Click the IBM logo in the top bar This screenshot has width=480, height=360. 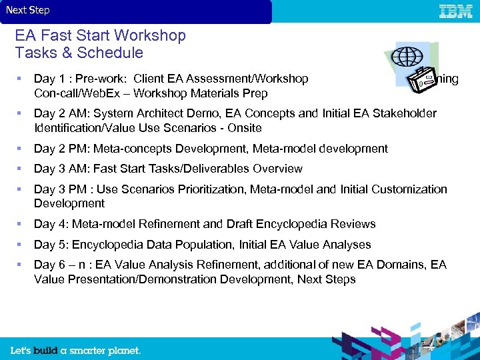click(456, 11)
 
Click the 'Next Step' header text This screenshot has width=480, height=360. click(28, 10)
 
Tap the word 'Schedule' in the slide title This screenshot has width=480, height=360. click(110, 53)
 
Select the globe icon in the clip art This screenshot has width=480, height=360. click(407, 57)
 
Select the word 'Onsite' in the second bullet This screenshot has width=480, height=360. click(244, 128)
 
